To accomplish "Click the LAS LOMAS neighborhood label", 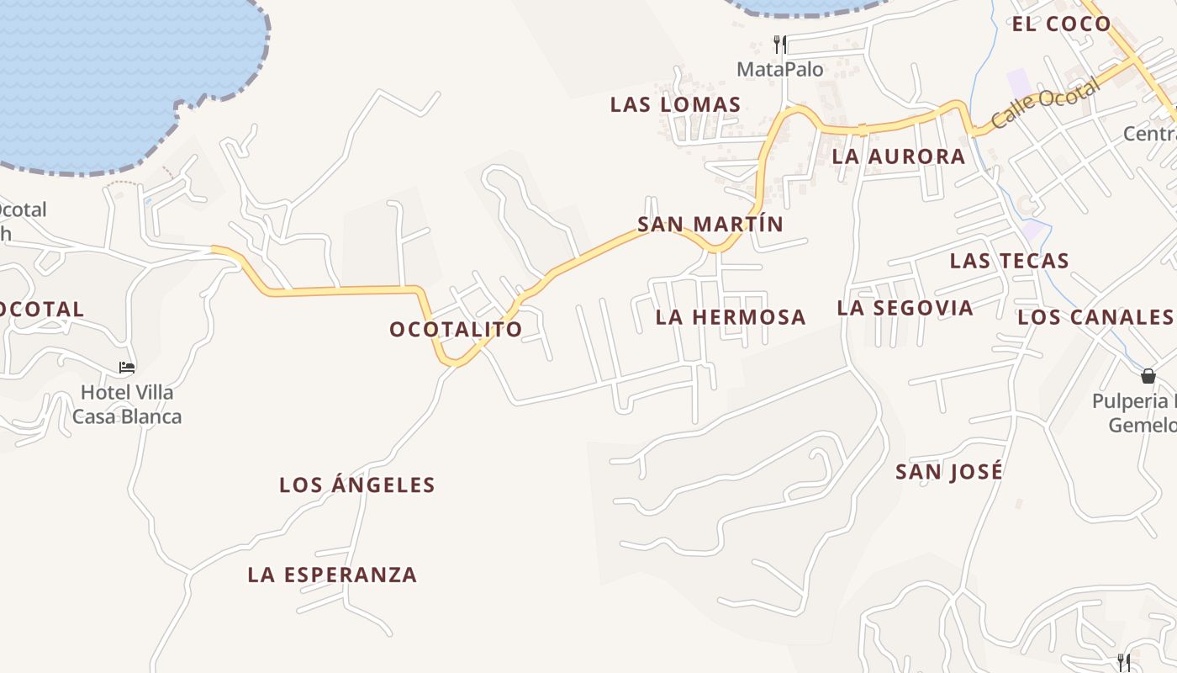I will coord(675,105).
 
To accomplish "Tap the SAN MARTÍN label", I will coord(710,225).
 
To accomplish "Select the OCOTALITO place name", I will coord(456,329).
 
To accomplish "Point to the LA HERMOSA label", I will coord(731,317).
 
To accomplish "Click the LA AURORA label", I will coord(899,156).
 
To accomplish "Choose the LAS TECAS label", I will coord(1009,261).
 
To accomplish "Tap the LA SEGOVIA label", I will coord(905,308).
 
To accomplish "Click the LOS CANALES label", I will coord(1095,317).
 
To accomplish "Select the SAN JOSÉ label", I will coord(949,471).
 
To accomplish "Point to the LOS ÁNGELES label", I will coord(357,485).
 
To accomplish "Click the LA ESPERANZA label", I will coord(332,575).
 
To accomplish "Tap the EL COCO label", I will coord(1061,24).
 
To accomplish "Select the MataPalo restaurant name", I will coord(780,69).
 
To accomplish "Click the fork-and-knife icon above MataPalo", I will coord(780,44).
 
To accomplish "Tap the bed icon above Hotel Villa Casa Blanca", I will coord(127,368).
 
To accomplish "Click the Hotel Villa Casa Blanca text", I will coord(127,404).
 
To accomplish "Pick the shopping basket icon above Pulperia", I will coord(1148,376).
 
